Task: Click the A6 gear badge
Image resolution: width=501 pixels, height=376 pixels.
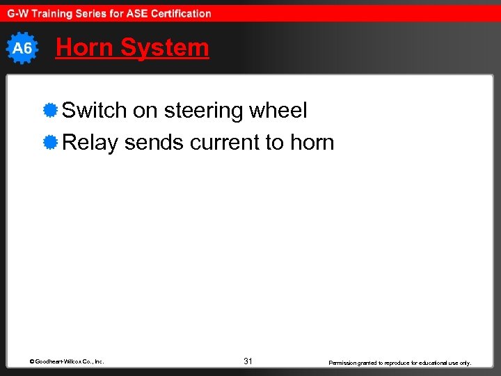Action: [x=22, y=48]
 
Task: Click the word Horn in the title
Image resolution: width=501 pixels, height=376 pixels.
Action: [x=85, y=47]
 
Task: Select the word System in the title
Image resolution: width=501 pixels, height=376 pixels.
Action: [x=164, y=47]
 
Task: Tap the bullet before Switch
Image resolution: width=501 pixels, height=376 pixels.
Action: [x=49, y=111]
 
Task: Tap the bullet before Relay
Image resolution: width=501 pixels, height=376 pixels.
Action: [x=49, y=143]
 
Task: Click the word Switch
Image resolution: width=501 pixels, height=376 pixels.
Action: [x=95, y=111]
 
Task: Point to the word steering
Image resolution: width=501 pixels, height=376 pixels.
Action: [x=207, y=111]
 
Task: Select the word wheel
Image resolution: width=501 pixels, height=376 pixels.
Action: [x=281, y=111]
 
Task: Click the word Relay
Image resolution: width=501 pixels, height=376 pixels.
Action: [x=90, y=143]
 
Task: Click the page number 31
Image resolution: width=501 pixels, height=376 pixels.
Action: [x=248, y=361]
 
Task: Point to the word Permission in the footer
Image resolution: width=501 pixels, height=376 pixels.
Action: [x=344, y=363]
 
